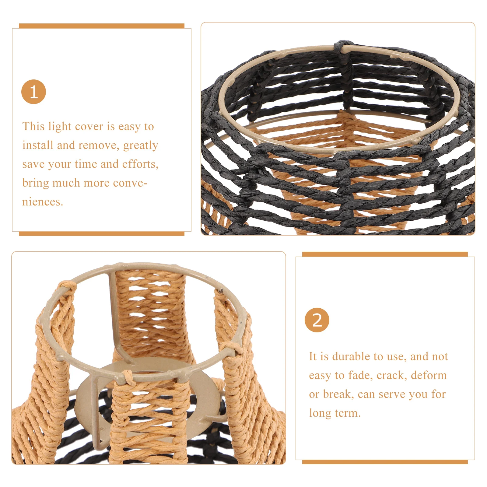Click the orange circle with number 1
(x=33, y=92)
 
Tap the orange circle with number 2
(x=317, y=320)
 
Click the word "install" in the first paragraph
(x=38, y=145)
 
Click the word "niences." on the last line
(x=43, y=202)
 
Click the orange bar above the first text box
(x=101, y=26)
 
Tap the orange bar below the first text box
(x=101, y=233)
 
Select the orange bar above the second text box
(x=385, y=254)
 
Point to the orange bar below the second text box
(x=385, y=462)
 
